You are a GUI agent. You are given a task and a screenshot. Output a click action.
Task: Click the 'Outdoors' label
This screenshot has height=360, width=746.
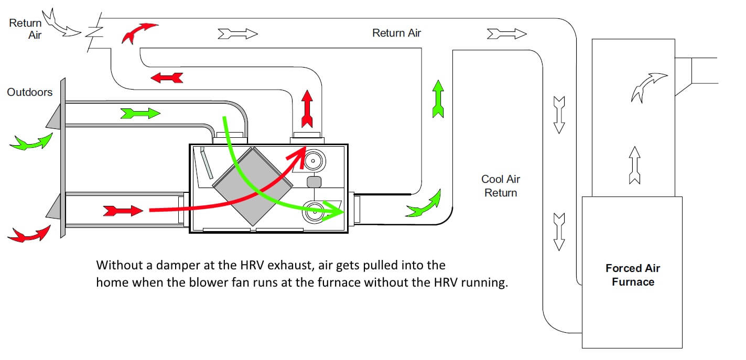[x=30, y=92]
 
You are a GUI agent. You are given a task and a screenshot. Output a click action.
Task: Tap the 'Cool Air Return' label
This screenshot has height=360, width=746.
[x=500, y=186]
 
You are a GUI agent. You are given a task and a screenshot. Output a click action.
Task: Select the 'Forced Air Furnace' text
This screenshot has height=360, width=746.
[x=632, y=275]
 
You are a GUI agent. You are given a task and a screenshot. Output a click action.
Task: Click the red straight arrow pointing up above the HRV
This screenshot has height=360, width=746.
[x=307, y=108]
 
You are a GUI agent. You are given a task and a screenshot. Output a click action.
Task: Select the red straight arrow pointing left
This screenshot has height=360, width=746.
[x=167, y=78]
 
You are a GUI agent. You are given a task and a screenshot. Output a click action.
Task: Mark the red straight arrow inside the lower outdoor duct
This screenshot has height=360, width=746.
[x=123, y=211]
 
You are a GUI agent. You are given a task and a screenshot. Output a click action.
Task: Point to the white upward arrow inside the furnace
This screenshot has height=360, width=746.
[x=634, y=165]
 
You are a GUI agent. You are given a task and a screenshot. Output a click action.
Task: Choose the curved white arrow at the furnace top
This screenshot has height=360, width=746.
[x=649, y=86]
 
